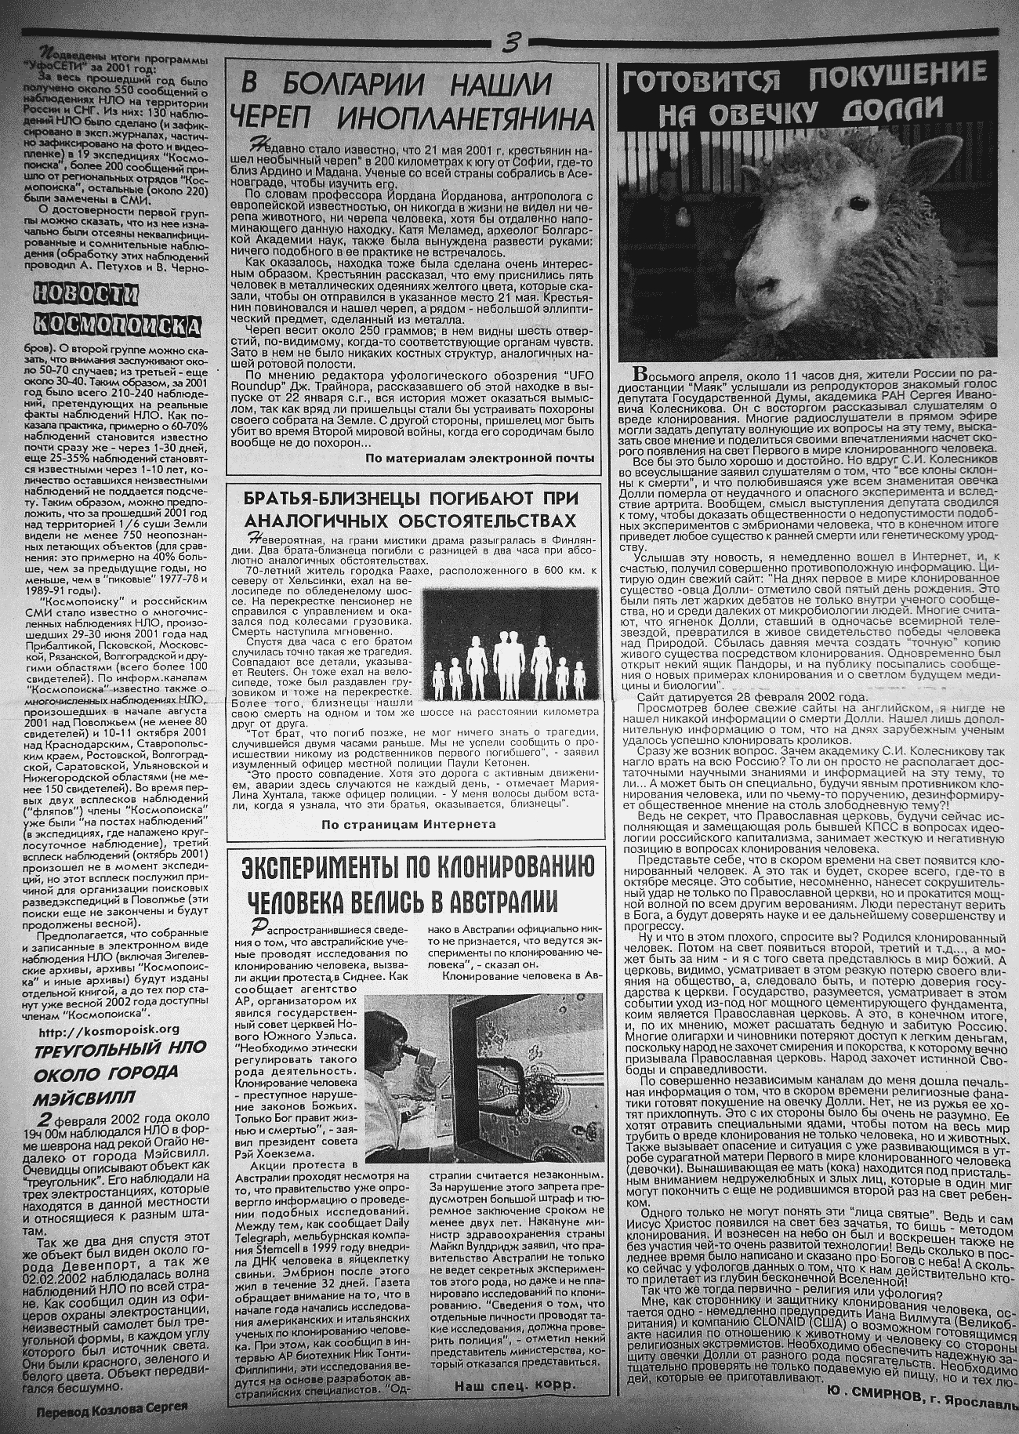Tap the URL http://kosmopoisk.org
(108, 1029)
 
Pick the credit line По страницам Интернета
(408, 824)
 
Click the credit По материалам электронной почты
(479, 458)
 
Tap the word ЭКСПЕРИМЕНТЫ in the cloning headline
(324, 868)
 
